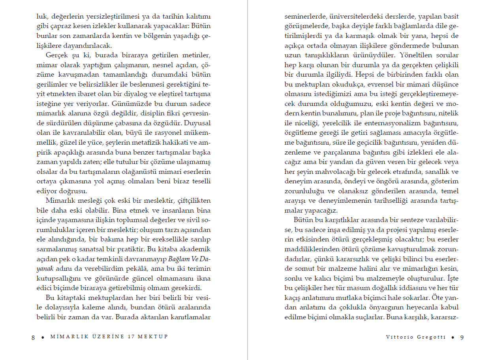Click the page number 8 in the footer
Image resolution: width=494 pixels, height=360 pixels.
pos(33,337)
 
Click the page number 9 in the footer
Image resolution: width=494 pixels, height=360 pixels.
pos(462,337)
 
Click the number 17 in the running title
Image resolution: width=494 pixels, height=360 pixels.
pos(131,337)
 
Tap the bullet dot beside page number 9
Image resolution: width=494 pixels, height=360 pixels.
pos(453,337)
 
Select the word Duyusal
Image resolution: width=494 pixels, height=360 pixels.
pos(199,123)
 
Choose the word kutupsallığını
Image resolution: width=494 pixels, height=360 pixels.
pos(58,278)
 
